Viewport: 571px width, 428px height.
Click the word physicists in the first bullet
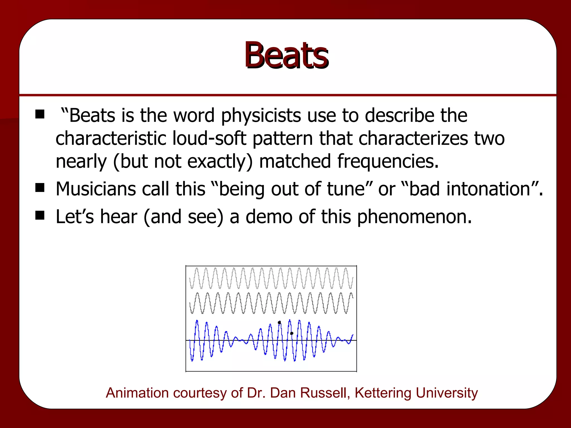261,115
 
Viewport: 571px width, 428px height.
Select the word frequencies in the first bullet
388,161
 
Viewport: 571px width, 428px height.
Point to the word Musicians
96,189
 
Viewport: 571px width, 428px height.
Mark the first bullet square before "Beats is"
40,114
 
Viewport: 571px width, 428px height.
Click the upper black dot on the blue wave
279,323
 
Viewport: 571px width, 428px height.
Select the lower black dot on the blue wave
292,333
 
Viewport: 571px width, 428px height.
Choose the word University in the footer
447,393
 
